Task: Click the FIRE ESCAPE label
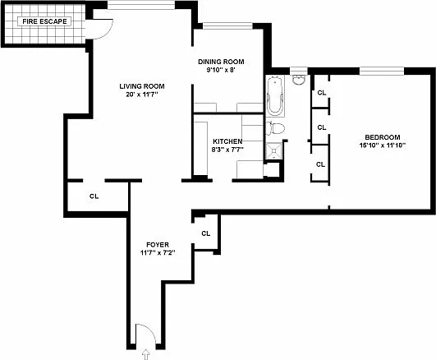(x=44, y=21)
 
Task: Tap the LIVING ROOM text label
(x=142, y=86)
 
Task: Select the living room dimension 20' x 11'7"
(x=142, y=95)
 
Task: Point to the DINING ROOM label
(x=221, y=62)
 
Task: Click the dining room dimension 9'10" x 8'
(x=221, y=70)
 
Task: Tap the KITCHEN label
(x=227, y=141)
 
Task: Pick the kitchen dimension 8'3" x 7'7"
(x=227, y=150)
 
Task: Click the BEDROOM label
(x=383, y=137)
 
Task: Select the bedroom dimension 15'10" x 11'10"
(x=383, y=145)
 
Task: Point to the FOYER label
(x=158, y=245)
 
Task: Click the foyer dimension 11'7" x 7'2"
(x=158, y=253)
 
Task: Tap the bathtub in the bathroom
(x=275, y=96)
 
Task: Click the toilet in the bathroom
(x=275, y=129)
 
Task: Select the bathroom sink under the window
(x=299, y=80)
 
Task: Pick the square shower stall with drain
(x=274, y=151)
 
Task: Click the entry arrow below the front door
(x=146, y=354)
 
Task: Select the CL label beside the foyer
(x=206, y=233)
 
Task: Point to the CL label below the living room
(x=94, y=196)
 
